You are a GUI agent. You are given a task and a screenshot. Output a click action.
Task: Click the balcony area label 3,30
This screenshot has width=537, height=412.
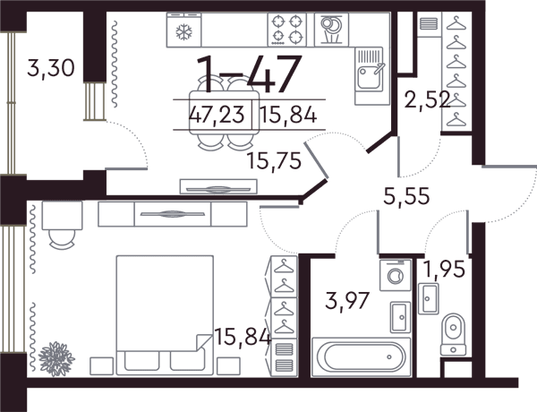click(x=51, y=68)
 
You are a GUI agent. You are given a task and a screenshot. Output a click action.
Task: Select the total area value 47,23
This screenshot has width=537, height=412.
click(x=217, y=115)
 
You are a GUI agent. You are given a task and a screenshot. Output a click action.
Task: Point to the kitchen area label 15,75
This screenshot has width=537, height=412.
click(x=274, y=160)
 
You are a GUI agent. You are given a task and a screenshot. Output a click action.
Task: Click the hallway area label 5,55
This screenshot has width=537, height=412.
click(x=406, y=196)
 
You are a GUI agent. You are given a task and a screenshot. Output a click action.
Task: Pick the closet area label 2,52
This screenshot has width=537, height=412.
click(x=427, y=100)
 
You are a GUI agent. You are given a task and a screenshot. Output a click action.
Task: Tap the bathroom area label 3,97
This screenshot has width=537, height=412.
click(x=347, y=301)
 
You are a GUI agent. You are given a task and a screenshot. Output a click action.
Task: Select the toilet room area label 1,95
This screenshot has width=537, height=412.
click(x=444, y=269)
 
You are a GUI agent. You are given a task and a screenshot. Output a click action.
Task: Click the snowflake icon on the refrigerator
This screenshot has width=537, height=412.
click(x=183, y=32)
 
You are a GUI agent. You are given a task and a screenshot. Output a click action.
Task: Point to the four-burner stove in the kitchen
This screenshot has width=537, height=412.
click(x=287, y=30)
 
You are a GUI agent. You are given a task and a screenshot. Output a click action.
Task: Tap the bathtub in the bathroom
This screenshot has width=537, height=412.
click(x=361, y=356)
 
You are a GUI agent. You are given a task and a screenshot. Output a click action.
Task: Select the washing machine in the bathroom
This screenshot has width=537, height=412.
click(x=396, y=275)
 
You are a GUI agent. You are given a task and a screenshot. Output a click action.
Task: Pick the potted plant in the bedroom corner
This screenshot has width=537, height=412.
click(x=56, y=359)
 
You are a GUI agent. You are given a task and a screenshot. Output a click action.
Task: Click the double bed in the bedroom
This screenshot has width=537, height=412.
click(x=165, y=314)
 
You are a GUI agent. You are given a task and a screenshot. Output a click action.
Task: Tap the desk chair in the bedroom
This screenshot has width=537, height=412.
click(x=62, y=238)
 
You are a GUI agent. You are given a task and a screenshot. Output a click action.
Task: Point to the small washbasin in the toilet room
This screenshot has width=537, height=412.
click(x=428, y=298)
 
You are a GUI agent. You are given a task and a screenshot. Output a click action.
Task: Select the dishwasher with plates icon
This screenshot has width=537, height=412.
click(x=331, y=30)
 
